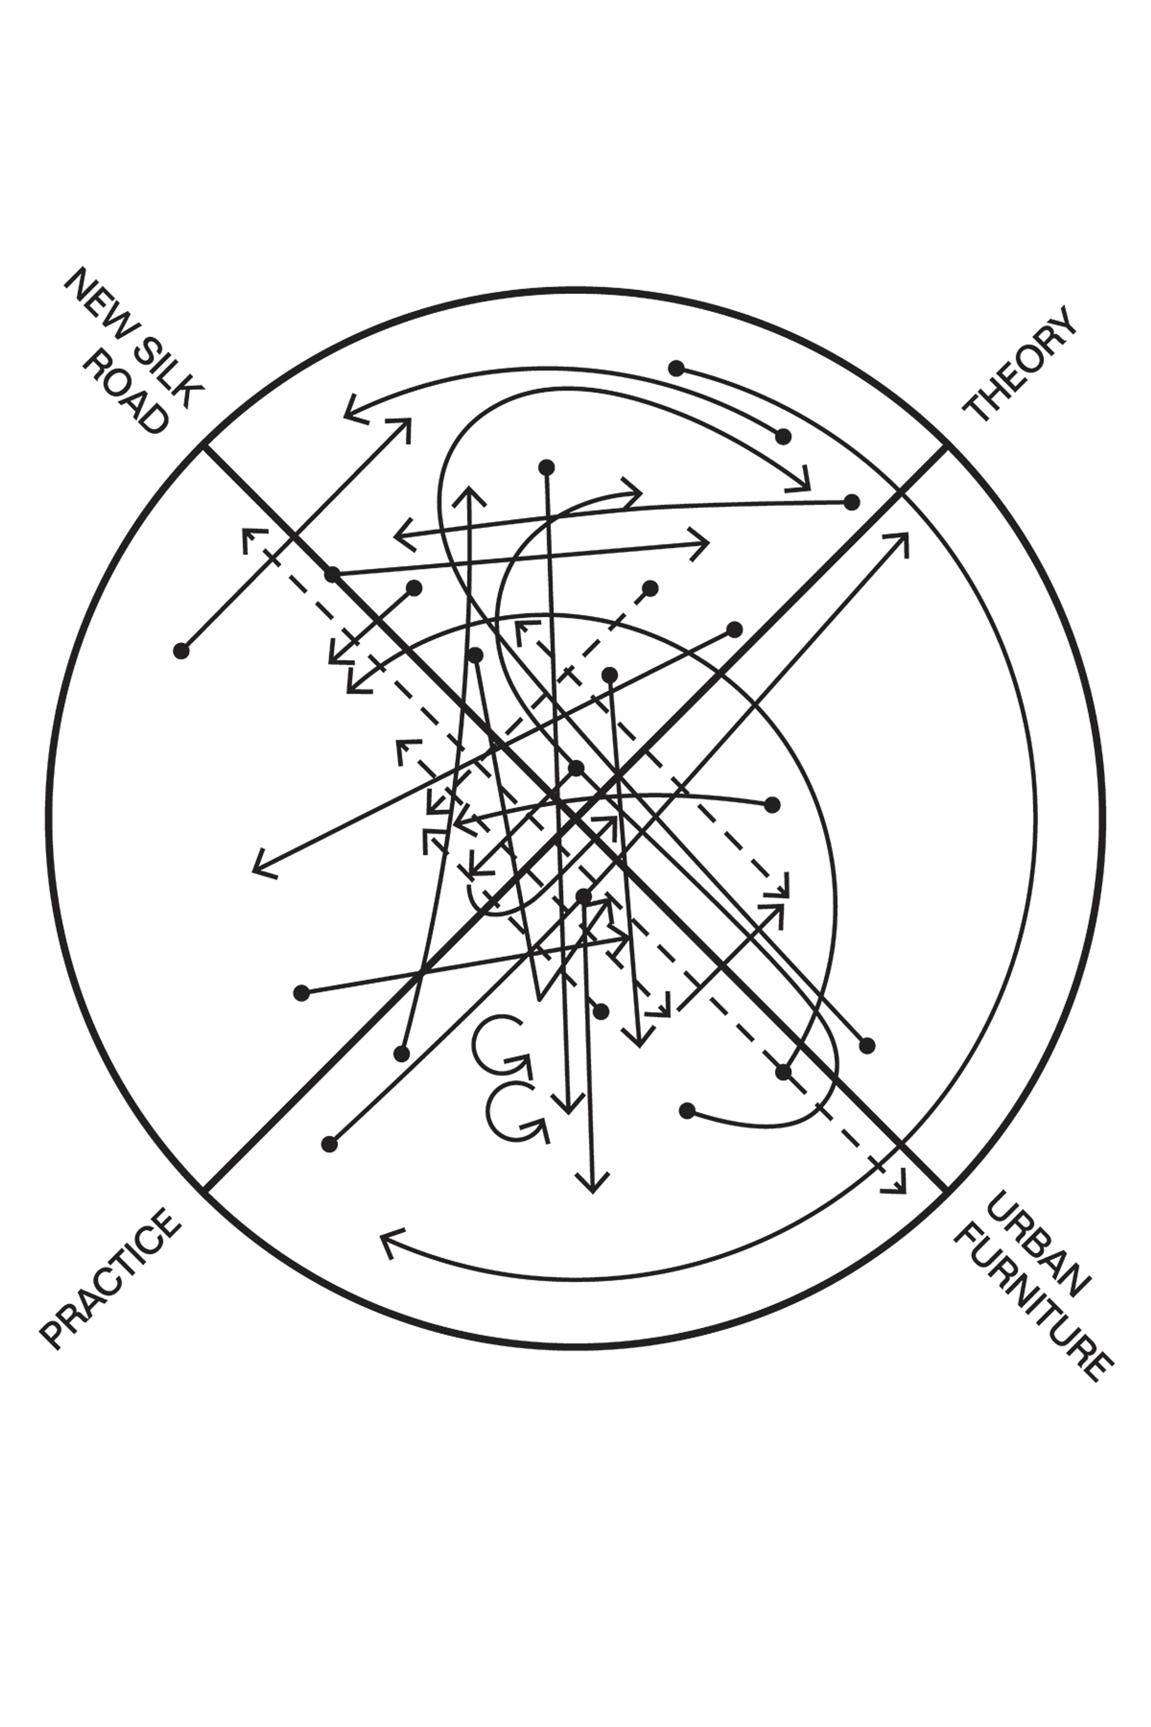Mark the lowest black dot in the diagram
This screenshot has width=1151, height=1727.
(x=330, y=1144)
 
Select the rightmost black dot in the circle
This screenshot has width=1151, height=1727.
(x=867, y=1045)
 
